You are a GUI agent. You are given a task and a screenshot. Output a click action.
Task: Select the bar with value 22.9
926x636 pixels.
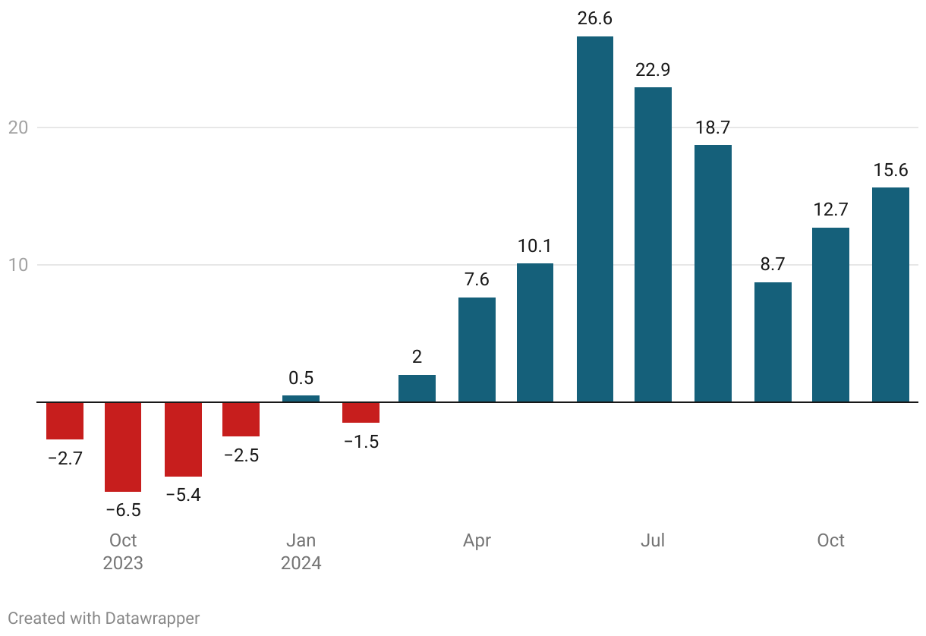tap(653, 244)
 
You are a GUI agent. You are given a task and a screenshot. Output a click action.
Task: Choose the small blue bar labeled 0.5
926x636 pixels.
tap(301, 398)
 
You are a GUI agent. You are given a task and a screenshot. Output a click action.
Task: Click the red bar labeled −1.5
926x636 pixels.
tap(361, 412)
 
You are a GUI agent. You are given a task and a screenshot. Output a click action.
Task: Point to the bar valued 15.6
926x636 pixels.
tap(890, 294)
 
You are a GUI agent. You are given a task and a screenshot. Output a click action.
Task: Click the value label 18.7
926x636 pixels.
tap(713, 128)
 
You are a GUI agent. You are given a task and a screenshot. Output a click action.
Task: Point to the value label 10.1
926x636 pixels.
tap(534, 246)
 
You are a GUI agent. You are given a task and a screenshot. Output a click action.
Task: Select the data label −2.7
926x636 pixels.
tap(65, 458)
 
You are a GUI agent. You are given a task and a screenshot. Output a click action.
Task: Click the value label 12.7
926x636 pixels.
tap(830, 209)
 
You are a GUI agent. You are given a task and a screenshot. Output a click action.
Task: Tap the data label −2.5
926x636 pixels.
tap(241, 455)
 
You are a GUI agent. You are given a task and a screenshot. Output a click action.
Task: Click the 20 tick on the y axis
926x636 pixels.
tap(18, 128)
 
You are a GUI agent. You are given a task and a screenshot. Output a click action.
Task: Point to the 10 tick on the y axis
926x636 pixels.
tap(18, 265)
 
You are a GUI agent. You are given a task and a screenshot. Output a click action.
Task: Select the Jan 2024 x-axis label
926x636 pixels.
tap(301, 552)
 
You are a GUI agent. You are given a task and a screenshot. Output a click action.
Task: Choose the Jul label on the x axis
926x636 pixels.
tap(653, 540)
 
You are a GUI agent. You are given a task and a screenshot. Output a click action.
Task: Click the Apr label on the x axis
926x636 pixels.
tap(477, 540)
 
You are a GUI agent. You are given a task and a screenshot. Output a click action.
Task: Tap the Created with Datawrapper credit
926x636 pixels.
tap(104, 618)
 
